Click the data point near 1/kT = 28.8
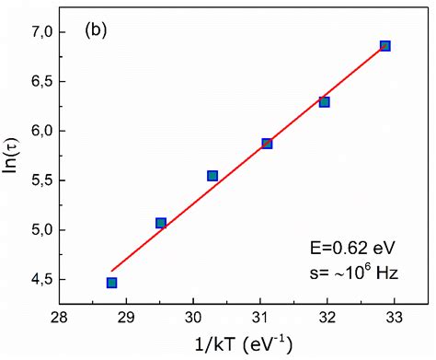111,283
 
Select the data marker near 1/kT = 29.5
161,223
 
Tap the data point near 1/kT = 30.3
212,176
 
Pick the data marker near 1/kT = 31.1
267,144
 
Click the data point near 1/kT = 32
324,102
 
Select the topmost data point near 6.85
384,46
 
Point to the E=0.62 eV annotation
353,247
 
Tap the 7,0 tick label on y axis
38,32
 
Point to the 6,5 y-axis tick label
38,82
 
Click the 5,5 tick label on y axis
38,180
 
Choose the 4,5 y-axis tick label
38,279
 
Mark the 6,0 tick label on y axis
38,131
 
